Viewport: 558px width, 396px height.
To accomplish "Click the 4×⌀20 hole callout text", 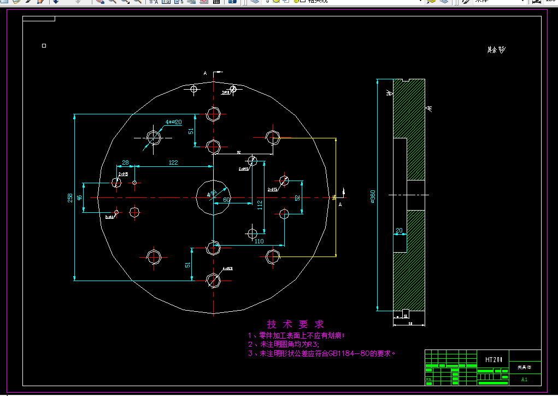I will tap(173, 122).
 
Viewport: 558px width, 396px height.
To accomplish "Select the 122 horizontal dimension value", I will tap(173, 162).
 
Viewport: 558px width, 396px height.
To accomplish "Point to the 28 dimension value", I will tap(125, 162).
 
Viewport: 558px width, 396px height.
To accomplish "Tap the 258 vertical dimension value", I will tap(70, 197).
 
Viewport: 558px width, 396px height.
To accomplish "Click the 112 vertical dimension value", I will tap(260, 205).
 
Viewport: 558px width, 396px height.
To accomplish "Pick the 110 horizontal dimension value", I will tap(259, 241).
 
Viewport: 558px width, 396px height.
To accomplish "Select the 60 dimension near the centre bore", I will tap(226, 200).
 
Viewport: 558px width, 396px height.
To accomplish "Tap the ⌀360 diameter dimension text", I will tap(373, 197).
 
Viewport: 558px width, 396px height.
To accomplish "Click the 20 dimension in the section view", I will tap(399, 230).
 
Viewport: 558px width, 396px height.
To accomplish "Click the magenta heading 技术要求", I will tap(295, 324).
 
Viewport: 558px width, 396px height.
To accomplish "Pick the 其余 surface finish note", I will tap(496, 50).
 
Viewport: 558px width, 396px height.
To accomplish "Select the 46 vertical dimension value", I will tap(79, 197).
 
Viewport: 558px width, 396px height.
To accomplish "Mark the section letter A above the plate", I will tap(205, 73).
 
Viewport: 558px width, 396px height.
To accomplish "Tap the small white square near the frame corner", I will tap(44, 46).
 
